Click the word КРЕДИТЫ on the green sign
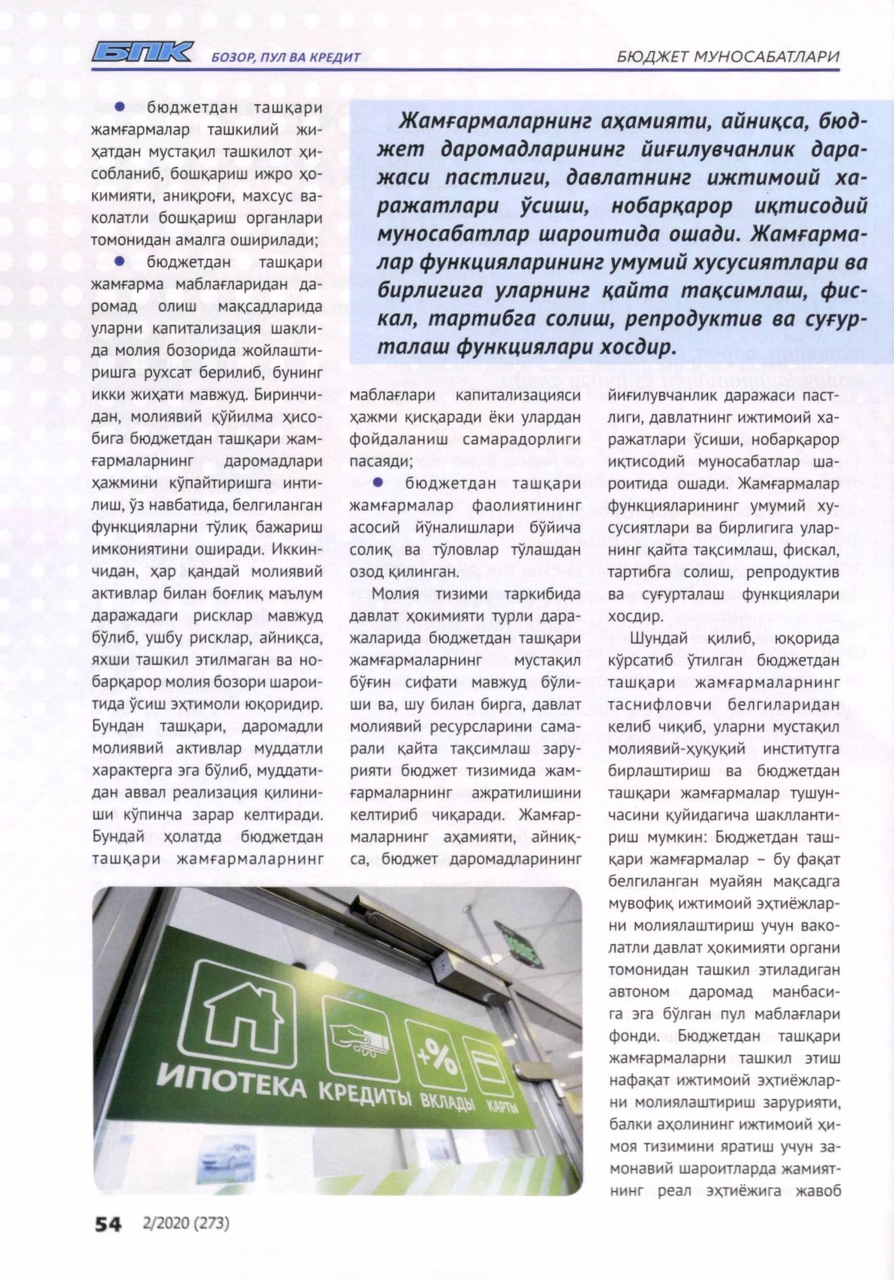pyautogui.click(x=365, y=1081)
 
